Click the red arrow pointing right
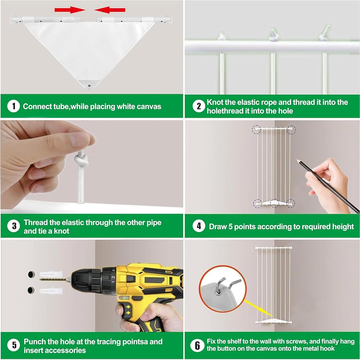click(70, 10)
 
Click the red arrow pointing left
click(110, 10)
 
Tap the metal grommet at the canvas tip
click(89, 86)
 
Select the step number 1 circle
click(14, 106)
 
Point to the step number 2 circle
click(199, 106)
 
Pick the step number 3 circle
click(14, 226)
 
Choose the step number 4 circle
click(199, 226)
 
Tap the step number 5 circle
click(14, 345)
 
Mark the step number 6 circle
click(197, 345)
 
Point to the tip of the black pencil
click(297, 160)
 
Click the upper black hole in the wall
click(31, 274)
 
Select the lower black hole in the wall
click(31, 290)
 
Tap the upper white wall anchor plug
click(51, 274)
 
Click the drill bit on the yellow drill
click(54, 279)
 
